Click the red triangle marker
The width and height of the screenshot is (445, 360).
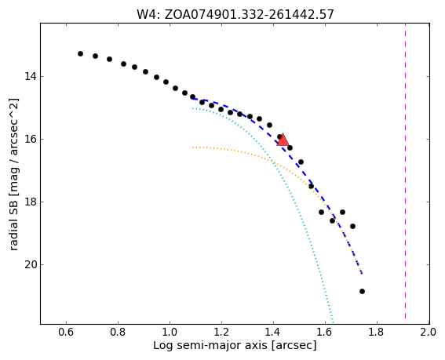click(283, 140)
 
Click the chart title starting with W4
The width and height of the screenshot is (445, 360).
click(235, 14)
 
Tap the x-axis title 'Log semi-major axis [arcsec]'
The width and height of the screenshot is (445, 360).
click(235, 345)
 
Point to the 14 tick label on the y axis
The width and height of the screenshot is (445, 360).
click(30, 77)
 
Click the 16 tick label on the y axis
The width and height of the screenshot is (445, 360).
click(30, 140)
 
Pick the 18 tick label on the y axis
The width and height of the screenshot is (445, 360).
click(30, 202)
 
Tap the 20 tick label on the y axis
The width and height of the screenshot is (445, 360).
click(30, 264)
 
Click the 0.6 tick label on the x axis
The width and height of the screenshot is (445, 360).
click(66, 332)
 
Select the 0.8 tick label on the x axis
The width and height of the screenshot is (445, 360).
click(118, 332)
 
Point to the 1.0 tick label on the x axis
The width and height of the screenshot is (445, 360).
click(170, 332)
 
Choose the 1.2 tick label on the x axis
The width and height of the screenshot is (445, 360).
click(221, 332)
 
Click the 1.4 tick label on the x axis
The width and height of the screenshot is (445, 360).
click(273, 332)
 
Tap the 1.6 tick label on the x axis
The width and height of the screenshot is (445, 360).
click(325, 332)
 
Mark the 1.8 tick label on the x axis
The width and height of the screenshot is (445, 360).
click(377, 332)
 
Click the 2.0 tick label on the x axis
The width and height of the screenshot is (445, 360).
click(429, 332)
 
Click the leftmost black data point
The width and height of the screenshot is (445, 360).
click(80, 53)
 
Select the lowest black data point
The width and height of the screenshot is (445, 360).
click(362, 291)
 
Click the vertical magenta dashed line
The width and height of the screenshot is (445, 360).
click(405, 173)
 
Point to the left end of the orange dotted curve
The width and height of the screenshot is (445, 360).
click(193, 147)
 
